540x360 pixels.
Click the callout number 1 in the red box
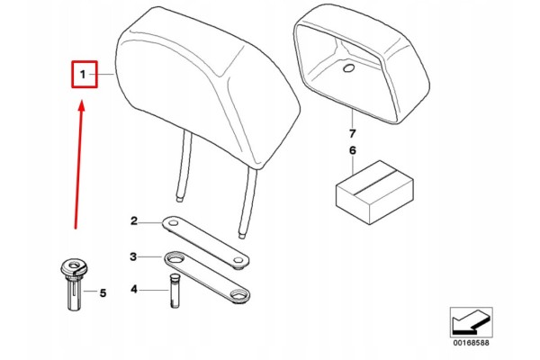coord(83,74)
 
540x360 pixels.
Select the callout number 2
coord(134,220)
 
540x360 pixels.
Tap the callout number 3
coord(133,256)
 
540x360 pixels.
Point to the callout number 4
coord(134,289)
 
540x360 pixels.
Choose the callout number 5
coord(103,293)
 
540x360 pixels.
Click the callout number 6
coord(352,150)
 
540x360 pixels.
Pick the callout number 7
coord(352,133)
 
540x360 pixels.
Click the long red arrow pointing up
coord(79,165)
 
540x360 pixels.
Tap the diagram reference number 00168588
coord(471,342)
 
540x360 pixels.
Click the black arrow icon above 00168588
coord(471,322)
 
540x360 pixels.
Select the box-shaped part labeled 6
coord(374,193)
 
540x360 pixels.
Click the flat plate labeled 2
coord(205,242)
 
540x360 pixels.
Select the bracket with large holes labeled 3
coord(207,277)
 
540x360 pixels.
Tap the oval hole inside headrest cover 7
coord(349,68)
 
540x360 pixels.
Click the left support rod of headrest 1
coord(184,166)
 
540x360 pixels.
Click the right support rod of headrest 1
coord(249,203)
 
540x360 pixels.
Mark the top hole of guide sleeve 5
coord(74,265)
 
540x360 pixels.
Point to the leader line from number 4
coord(154,290)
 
